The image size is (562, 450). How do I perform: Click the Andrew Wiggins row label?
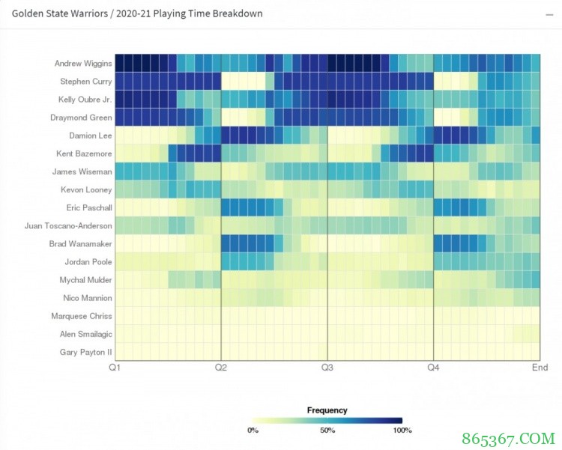pyautogui.click(x=83, y=64)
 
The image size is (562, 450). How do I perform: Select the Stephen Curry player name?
pyautogui.click(x=86, y=82)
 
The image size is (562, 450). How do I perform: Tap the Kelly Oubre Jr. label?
pyautogui.click(x=85, y=100)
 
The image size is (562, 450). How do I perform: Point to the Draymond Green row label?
pyautogui.click(x=85, y=118)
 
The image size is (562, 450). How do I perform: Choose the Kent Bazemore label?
pyautogui.click(x=85, y=153)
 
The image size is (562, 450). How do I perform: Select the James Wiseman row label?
pyautogui.click(x=85, y=171)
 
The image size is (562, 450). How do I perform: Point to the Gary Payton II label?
pyautogui.click(x=86, y=352)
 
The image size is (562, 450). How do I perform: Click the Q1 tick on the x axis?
pyautogui.click(x=115, y=368)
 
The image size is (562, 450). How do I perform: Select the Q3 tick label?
pyautogui.click(x=327, y=368)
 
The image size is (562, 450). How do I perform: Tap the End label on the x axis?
pyautogui.click(x=540, y=368)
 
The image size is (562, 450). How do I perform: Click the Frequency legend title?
pyautogui.click(x=327, y=410)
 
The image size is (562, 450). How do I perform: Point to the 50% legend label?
pyautogui.click(x=327, y=431)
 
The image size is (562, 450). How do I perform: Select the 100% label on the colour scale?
pyautogui.click(x=402, y=431)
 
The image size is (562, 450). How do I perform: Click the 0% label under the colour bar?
pyautogui.click(x=253, y=431)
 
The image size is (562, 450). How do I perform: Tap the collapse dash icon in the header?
pyautogui.click(x=550, y=14)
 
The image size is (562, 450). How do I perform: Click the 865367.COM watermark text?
pyautogui.click(x=516, y=438)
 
